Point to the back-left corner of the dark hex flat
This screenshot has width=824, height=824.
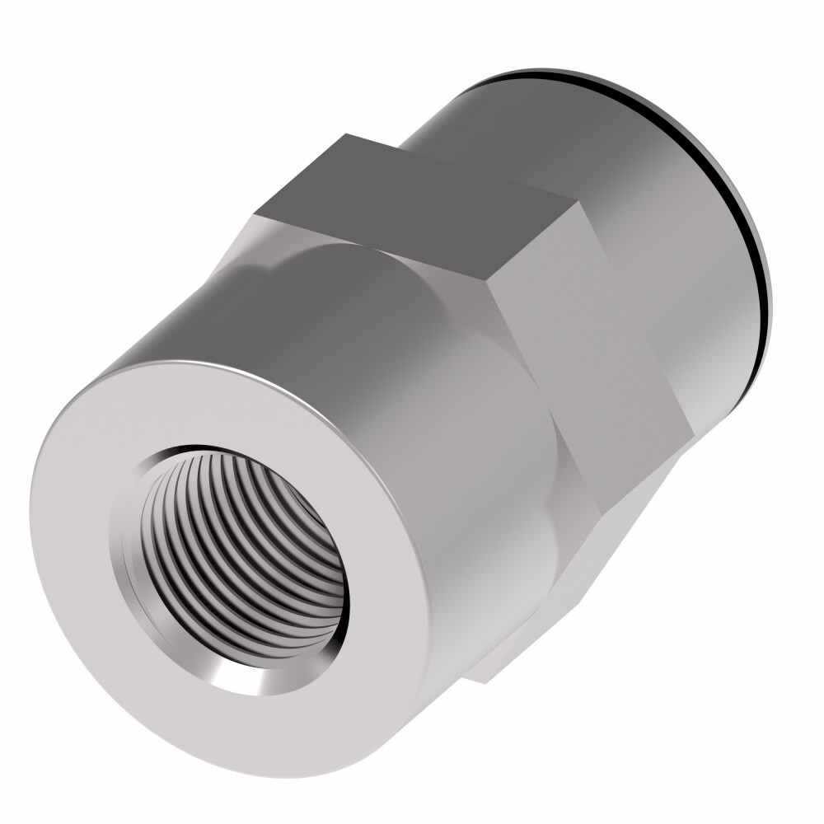tap(346, 135)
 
